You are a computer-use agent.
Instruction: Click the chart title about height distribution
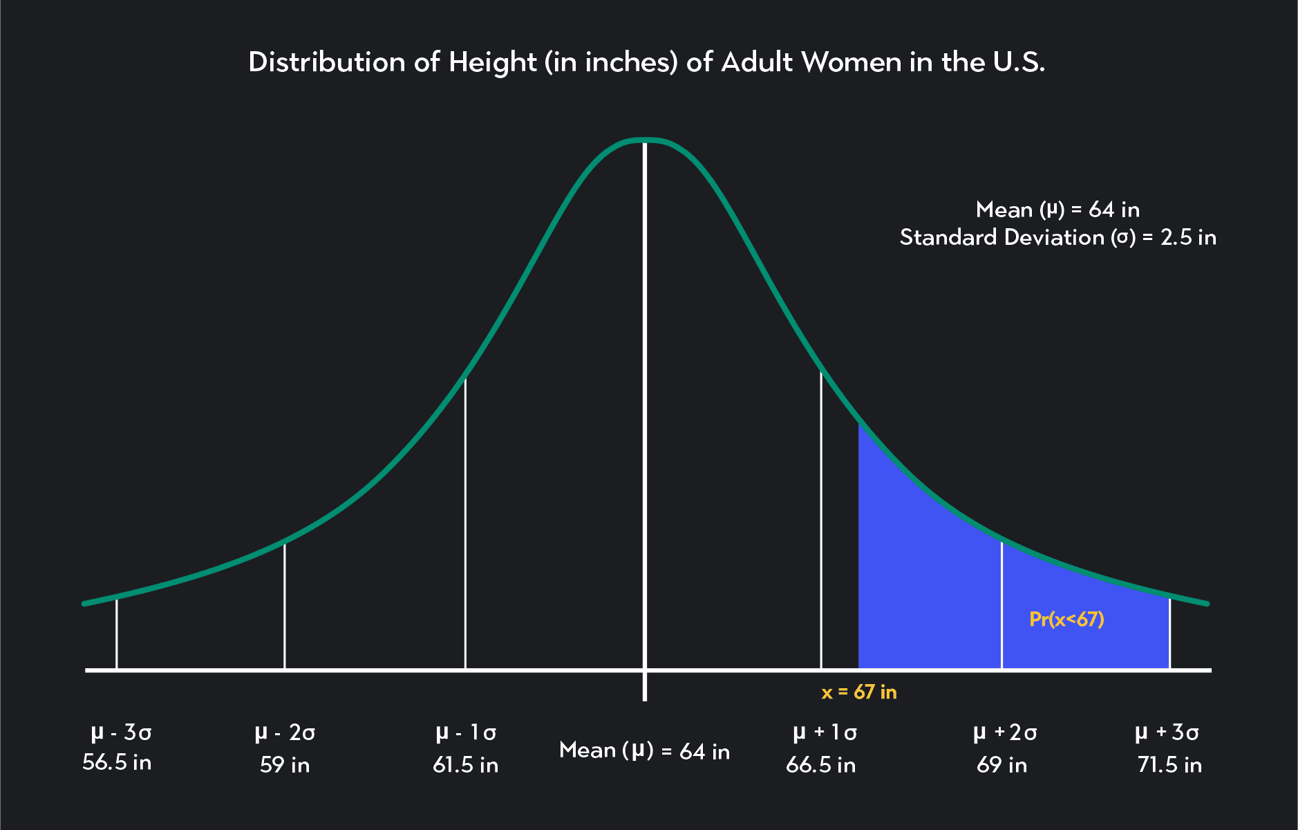pyautogui.click(x=646, y=62)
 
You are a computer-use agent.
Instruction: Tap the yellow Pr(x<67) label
pyautogui.click(x=1066, y=618)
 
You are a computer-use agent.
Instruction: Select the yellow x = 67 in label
pyautogui.click(x=859, y=692)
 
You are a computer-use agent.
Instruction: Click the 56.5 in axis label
pyautogui.click(x=117, y=762)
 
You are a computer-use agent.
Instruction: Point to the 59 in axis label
pyautogui.click(x=285, y=765)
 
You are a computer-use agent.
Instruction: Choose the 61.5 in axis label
pyautogui.click(x=465, y=765)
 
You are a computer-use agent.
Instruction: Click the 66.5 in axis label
pyautogui.click(x=820, y=765)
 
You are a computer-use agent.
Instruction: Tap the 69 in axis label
pyautogui.click(x=1001, y=765)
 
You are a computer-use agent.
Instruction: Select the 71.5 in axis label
pyautogui.click(x=1169, y=765)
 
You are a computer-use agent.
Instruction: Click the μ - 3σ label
pyautogui.click(x=121, y=732)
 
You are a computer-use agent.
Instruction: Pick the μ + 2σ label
pyautogui.click(x=1005, y=732)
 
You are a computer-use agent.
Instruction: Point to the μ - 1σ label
pyautogui.click(x=466, y=732)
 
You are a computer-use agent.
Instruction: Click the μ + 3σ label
pyautogui.click(x=1167, y=732)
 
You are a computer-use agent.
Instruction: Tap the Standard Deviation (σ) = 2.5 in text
pyautogui.click(x=1057, y=237)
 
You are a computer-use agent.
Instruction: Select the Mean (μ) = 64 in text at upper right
pyautogui.click(x=1057, y=209)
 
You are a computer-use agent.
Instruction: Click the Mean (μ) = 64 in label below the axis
pyautogui.click(x=644, y=750)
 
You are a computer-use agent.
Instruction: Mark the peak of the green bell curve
pyautogui.click(x=645, y=140)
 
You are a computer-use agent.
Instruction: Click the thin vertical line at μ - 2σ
pyautogui.click(x=285, y=605)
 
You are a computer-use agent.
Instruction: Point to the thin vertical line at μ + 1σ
pyautogui.click(x=821, y=519)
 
